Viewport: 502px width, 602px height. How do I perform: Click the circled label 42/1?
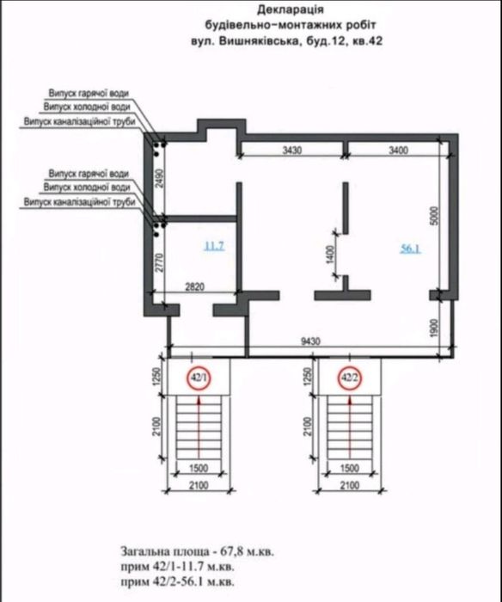tap(199, 378)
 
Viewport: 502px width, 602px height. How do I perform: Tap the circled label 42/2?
tap(349, 378)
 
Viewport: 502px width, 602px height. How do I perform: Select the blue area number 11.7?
tap(213, 247)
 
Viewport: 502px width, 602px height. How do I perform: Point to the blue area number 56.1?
tap(410, 249)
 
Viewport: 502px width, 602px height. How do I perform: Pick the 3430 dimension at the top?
tap(292, 150)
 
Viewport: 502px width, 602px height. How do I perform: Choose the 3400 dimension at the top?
tap(399, 150)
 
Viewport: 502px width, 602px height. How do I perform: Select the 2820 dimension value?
tap(195, 288)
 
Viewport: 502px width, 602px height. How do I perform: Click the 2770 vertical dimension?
tap(158, 261)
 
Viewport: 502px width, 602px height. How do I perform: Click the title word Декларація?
tap(263, 11)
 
